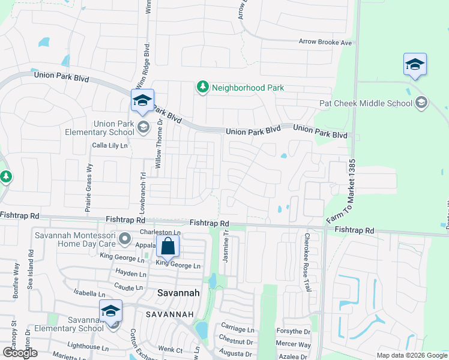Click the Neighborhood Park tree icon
point(203,88)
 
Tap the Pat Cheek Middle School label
point(366,103)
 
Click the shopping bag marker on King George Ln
point(168,247)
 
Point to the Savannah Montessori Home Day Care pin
point(125,239)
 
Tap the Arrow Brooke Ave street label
point(325,43)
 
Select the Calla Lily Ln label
point(110,145)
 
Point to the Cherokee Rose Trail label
point(307,263)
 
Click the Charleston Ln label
point(160,232)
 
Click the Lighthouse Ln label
point(88,347)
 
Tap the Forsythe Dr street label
point(293,331)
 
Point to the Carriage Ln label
point(238,329)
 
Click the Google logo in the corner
point(19,352)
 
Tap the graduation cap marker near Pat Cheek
point(415,64)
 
